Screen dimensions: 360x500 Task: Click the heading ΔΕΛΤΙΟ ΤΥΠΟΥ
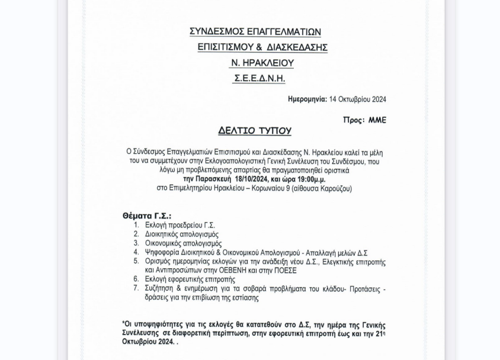(x=255, y=131)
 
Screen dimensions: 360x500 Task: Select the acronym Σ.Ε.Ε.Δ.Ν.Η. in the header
(x=259, y=78)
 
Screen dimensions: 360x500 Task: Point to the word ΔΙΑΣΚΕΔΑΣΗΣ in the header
(x=298, y=47)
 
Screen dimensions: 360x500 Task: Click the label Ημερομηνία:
(x=307, y=99)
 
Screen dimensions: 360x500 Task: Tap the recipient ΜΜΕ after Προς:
(x=377, y=120)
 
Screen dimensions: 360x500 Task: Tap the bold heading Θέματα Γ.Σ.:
(x=147, y=216)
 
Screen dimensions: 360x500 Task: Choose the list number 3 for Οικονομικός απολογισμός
(x=136, y=243)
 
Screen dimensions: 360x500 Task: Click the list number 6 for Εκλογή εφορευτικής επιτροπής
(x=136, y=279)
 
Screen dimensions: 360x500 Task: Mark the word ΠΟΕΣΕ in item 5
(x=286, y=271)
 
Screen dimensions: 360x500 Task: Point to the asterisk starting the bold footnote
(x=124, y=324)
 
